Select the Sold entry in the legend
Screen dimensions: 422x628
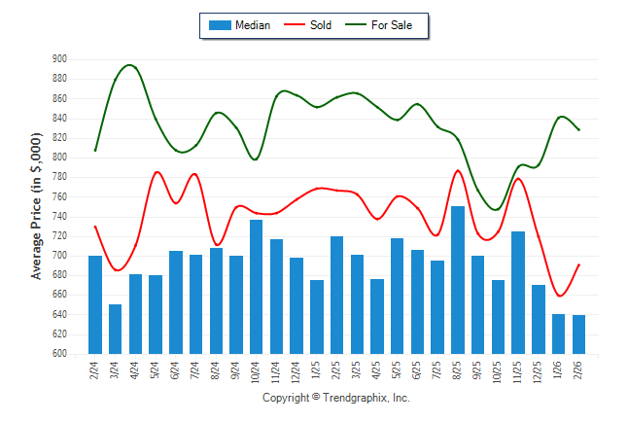click(x=308, y=25)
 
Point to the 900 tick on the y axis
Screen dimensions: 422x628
click(x=59, y=59)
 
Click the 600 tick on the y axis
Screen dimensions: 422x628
click(x=59, y=354)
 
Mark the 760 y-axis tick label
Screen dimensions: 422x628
click(x=59, y=196)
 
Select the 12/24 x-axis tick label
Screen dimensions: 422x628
click(x=297, y=370)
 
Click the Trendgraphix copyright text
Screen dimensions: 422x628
click(x=336, y=399)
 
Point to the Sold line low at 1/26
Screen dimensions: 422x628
click(x=560, y=296)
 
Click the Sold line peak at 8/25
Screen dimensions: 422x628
click(x=458, y=171)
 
